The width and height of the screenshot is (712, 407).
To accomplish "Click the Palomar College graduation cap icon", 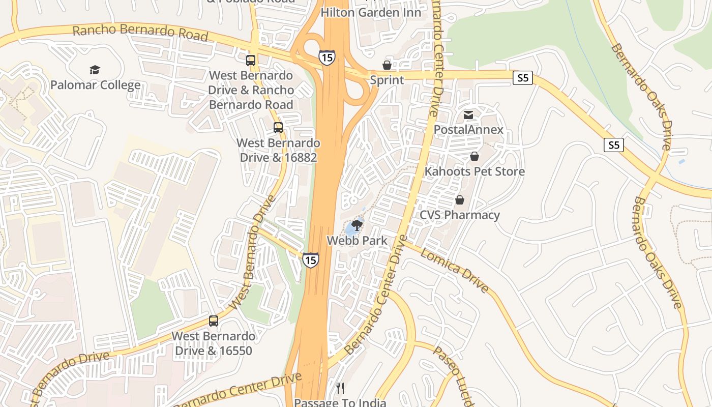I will point(95,70).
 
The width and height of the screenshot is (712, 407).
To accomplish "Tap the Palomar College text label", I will point(95,84).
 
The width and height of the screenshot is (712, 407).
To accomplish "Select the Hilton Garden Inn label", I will point(371,12).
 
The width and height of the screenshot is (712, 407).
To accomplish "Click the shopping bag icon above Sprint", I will point(387,65).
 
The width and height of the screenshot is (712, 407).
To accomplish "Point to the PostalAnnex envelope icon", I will point(468,115).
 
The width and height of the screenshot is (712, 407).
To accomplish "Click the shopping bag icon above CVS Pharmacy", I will point(460,200).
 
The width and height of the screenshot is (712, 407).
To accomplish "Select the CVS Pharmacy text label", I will point(459,215).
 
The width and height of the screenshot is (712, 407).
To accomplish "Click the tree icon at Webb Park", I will point(357,225).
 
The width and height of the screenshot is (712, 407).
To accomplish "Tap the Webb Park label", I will point(357,240).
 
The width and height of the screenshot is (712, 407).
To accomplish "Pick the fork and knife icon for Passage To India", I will point(340,388).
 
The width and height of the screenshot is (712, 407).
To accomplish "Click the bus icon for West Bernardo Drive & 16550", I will point(214,321).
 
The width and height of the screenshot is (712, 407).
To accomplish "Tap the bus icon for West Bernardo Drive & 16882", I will point(278,127).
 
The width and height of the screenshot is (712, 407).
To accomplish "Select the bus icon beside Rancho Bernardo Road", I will point(251,61).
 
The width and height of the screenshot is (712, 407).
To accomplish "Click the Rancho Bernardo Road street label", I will point(140,33).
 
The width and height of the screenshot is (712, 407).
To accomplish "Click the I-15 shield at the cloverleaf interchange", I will point(327,57).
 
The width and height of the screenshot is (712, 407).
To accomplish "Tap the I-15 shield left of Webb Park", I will point(311,260).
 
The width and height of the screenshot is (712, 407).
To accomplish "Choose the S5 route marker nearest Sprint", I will point(523,78).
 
